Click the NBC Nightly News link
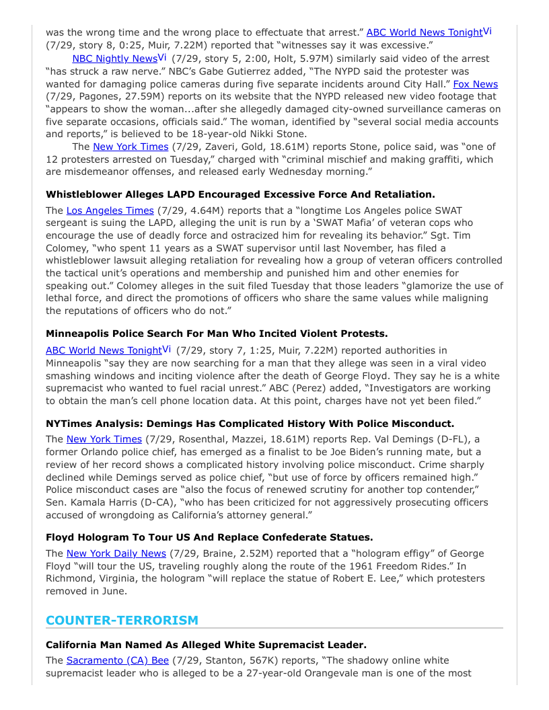click(114, 58)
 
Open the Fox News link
click(475, 84)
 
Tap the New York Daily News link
click(116, 553)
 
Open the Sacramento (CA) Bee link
click(117, 660)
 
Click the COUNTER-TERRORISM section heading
click(122, 620)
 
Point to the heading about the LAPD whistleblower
click(240, 194)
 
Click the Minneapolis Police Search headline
click(217, 333)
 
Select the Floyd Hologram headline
click(209, 537)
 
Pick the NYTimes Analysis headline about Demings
click(250, 424)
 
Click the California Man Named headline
click(206, 645)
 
